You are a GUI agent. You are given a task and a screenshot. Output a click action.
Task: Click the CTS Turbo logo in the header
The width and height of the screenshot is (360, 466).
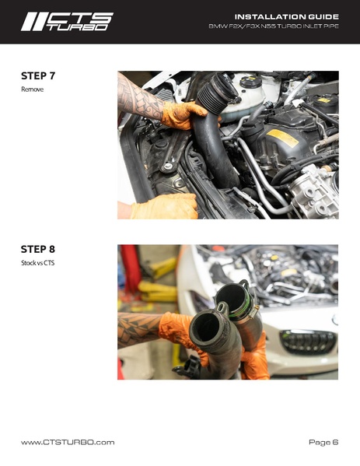point(67,22)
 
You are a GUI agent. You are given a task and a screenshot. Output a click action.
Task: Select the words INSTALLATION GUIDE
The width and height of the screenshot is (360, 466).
point(287,16)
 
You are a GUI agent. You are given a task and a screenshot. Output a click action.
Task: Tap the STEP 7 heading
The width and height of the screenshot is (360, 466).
point(38,75)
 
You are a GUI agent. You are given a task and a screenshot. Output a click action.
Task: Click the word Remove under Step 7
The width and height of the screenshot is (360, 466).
point(33,89)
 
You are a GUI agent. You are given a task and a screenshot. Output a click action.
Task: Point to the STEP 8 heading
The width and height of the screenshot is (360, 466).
point(38,249)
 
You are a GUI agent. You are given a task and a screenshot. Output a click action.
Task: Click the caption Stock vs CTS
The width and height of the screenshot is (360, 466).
point(38,263)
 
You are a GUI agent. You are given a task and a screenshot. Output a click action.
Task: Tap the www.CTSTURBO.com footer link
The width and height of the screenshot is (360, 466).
point(68,442)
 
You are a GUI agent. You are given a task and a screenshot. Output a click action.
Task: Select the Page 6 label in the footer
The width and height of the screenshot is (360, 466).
point(323,442)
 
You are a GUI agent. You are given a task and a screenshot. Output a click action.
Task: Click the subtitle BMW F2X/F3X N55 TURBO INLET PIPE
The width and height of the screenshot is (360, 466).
point(274,26)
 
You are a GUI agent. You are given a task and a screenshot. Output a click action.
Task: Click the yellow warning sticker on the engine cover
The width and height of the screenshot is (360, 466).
point(283,138)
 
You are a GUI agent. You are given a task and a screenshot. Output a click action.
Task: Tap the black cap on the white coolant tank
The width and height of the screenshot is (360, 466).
point(251,82)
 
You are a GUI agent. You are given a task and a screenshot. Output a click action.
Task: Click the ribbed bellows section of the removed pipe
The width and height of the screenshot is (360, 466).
point(217,92)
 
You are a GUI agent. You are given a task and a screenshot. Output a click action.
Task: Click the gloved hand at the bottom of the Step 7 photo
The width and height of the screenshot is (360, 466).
point(164,206)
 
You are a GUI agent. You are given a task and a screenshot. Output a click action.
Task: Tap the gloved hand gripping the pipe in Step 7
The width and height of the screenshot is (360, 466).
point(183,115)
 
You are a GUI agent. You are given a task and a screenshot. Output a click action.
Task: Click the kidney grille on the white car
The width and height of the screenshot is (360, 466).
point(308,342)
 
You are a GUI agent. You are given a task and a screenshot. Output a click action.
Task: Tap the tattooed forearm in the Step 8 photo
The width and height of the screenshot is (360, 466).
point(139,329)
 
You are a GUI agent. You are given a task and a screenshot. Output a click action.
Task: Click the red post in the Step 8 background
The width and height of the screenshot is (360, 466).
point(130,268)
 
